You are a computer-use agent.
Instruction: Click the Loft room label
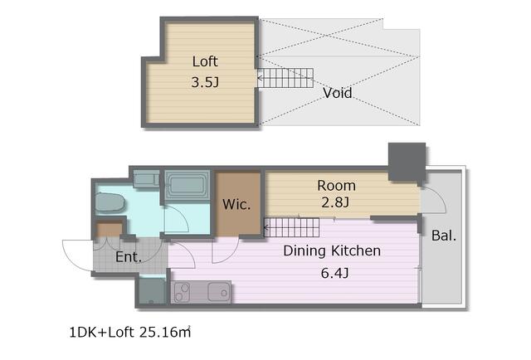(x=205, y=61)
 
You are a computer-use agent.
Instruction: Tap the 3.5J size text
(x=205, y=82)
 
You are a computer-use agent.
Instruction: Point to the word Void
(x=338, y=93)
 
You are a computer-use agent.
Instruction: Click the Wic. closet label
(x=236, y=204)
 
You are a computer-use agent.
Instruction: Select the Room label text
(x=336, y=186)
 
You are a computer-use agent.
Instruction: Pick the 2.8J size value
(x=335, y=202)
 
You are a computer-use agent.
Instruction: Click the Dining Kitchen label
(x=332, y=251)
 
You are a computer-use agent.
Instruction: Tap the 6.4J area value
(x=334, y=273)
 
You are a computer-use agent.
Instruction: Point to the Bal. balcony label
(x=444, y=236)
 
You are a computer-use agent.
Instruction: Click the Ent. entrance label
(x=129, y=256)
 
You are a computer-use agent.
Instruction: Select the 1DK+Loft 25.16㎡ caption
(x=130, y=333)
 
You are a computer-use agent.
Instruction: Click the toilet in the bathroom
(x=110, y=202)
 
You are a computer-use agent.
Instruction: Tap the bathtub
(x=188, y=185)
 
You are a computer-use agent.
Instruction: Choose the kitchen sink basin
(x=219, y=292)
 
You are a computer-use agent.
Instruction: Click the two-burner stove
(x=181, y=292)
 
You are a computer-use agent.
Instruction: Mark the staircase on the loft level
(x=285, y=78)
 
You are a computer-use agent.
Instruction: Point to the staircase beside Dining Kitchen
(x=291, y=227)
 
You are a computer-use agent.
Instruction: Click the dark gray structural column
(x=407, y=162)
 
